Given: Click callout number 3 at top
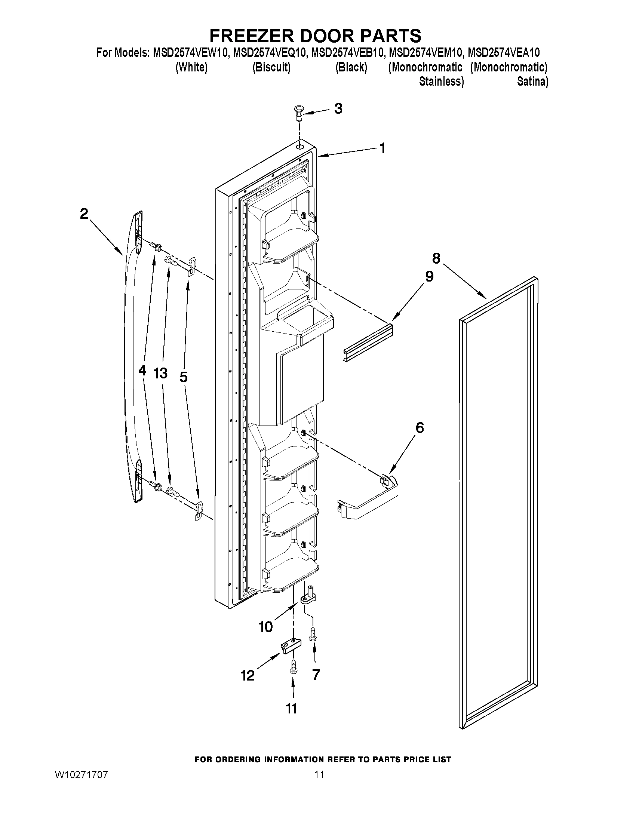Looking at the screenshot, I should pyautogui.click(x=338, y=109).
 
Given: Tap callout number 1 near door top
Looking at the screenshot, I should pyautogui.click(x=382, y=148).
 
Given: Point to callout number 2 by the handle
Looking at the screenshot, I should pyautogui.click(x=84, y=214).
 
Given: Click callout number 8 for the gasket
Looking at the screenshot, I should pyautogui.click(x=436, y=258).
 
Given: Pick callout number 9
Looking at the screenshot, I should pyautogui.click(x=429, y=277).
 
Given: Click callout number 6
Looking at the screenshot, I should pyautogui.click(x=420, y=428).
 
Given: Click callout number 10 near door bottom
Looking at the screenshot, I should pyautogui.click(x=265, y=627).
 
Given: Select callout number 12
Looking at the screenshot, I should pyautogui.click(x=248, y=676).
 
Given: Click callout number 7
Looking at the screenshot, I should pyautogui.click(x=316, y=675).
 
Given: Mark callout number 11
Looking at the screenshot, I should pyautogui.click(x=292, y=709).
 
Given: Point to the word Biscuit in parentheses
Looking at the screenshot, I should pyautogui.click(x=271, y=67).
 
